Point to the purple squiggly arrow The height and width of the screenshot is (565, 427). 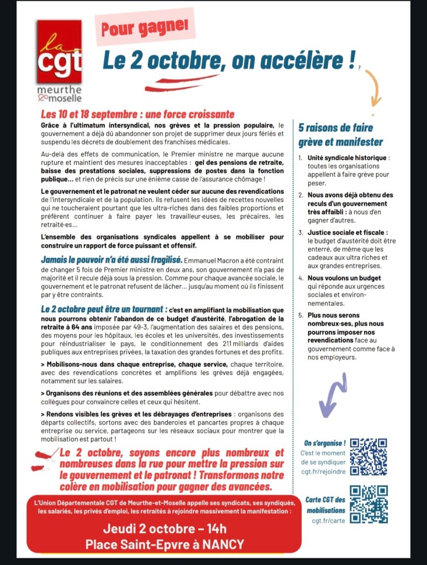pos(334,394)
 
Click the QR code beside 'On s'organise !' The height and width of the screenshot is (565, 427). pos(369,457)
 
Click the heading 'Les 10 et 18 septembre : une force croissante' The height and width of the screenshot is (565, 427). pos(138,114)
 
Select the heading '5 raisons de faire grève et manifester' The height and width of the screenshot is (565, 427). pos(340,135)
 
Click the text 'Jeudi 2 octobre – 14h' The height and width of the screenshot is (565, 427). pos(164,527)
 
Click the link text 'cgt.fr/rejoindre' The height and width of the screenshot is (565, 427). pos(323,471)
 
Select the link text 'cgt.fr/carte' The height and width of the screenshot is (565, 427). pos(329,520)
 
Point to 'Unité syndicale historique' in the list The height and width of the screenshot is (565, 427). pos(349,158)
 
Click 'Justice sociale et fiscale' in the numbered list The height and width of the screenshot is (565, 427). pos(348,233)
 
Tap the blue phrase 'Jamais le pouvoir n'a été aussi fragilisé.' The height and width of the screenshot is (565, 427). pos(111,259)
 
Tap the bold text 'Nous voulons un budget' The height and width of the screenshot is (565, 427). pos(344,278)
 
